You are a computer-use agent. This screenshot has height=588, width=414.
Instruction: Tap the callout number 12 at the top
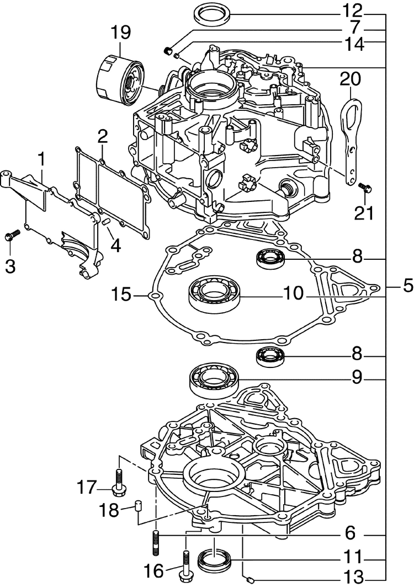(352, 11)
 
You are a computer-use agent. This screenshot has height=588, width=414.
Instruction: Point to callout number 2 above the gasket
(103, 138)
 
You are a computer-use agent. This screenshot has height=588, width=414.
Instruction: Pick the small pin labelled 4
(106, 222)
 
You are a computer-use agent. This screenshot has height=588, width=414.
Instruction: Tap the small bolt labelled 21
(365, 187)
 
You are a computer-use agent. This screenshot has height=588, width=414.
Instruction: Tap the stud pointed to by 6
(156, 542)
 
